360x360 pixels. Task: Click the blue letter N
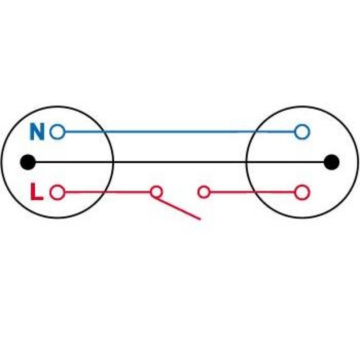(37, 132)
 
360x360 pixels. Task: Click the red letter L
(37, 192)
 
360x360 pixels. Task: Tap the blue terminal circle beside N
(58, 132)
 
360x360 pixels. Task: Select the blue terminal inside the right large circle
(302, 132)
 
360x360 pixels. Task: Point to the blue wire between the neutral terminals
(180, 132)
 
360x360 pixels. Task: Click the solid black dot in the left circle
(28, 162)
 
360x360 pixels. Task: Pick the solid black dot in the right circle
(332, 162)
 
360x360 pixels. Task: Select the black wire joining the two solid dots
(180, 162)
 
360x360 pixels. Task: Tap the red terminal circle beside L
(58, 192)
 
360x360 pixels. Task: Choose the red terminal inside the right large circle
(302, 192)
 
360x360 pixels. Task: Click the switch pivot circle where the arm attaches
(156, 192)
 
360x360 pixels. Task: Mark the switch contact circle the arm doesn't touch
(203, 192)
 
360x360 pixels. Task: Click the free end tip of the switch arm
(200, 219)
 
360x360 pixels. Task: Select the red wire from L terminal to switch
(108, 192)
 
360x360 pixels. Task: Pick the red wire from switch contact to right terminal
(252, 192)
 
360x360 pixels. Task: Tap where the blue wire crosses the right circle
(256, 132)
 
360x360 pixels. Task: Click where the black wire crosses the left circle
(113, 162)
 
